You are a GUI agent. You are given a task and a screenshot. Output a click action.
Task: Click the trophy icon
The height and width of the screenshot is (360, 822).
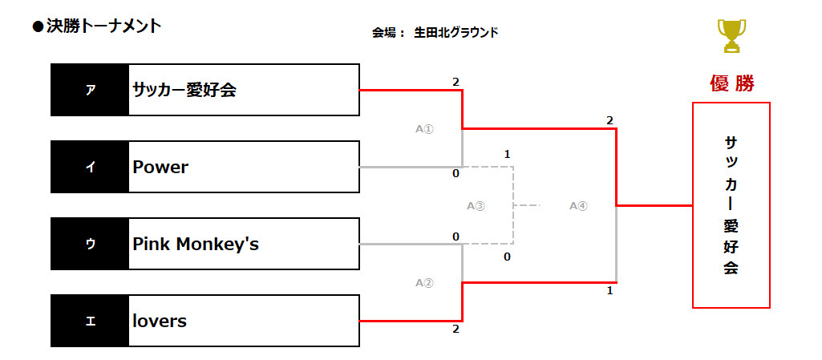pos(731,35)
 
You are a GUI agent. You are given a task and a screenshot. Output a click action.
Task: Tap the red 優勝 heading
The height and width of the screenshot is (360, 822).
pos(732,83)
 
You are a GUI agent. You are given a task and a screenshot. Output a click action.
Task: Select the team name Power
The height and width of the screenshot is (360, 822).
pos(160,167)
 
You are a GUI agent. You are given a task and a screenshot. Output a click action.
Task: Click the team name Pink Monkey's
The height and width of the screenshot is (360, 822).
pos(196,245)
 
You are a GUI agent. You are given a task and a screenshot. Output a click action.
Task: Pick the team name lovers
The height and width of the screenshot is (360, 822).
pos(160,321)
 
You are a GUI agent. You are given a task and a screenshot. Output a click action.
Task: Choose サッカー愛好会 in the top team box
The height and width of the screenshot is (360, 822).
pos(184,90)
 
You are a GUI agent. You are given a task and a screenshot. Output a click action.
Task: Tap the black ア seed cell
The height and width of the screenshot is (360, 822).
pos(90,90)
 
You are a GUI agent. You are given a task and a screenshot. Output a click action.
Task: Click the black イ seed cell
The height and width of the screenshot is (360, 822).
pos(90,167)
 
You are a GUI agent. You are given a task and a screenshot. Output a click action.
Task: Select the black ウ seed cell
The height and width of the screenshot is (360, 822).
pos(90,245)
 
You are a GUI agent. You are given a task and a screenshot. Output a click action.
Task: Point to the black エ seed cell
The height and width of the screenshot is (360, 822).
pos(90,321)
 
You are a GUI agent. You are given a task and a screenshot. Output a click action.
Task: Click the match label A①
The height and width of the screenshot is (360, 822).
pos(424,129)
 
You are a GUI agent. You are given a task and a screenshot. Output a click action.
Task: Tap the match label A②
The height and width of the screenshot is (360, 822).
pos(424,283)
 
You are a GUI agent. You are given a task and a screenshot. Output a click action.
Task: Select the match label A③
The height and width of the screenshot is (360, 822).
pos(476,206)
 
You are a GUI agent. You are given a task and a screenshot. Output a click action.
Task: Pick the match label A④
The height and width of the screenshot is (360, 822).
pos(579,206)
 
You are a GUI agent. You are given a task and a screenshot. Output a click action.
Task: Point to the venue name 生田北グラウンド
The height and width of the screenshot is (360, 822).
pos(456,33)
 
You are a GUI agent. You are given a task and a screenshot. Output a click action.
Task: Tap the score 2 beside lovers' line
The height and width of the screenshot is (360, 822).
pos(456,330)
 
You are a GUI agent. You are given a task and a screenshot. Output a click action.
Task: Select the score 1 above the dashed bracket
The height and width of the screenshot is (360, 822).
pos(507,155)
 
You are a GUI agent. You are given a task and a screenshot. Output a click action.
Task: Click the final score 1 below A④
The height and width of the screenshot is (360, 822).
pos(609,291)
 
